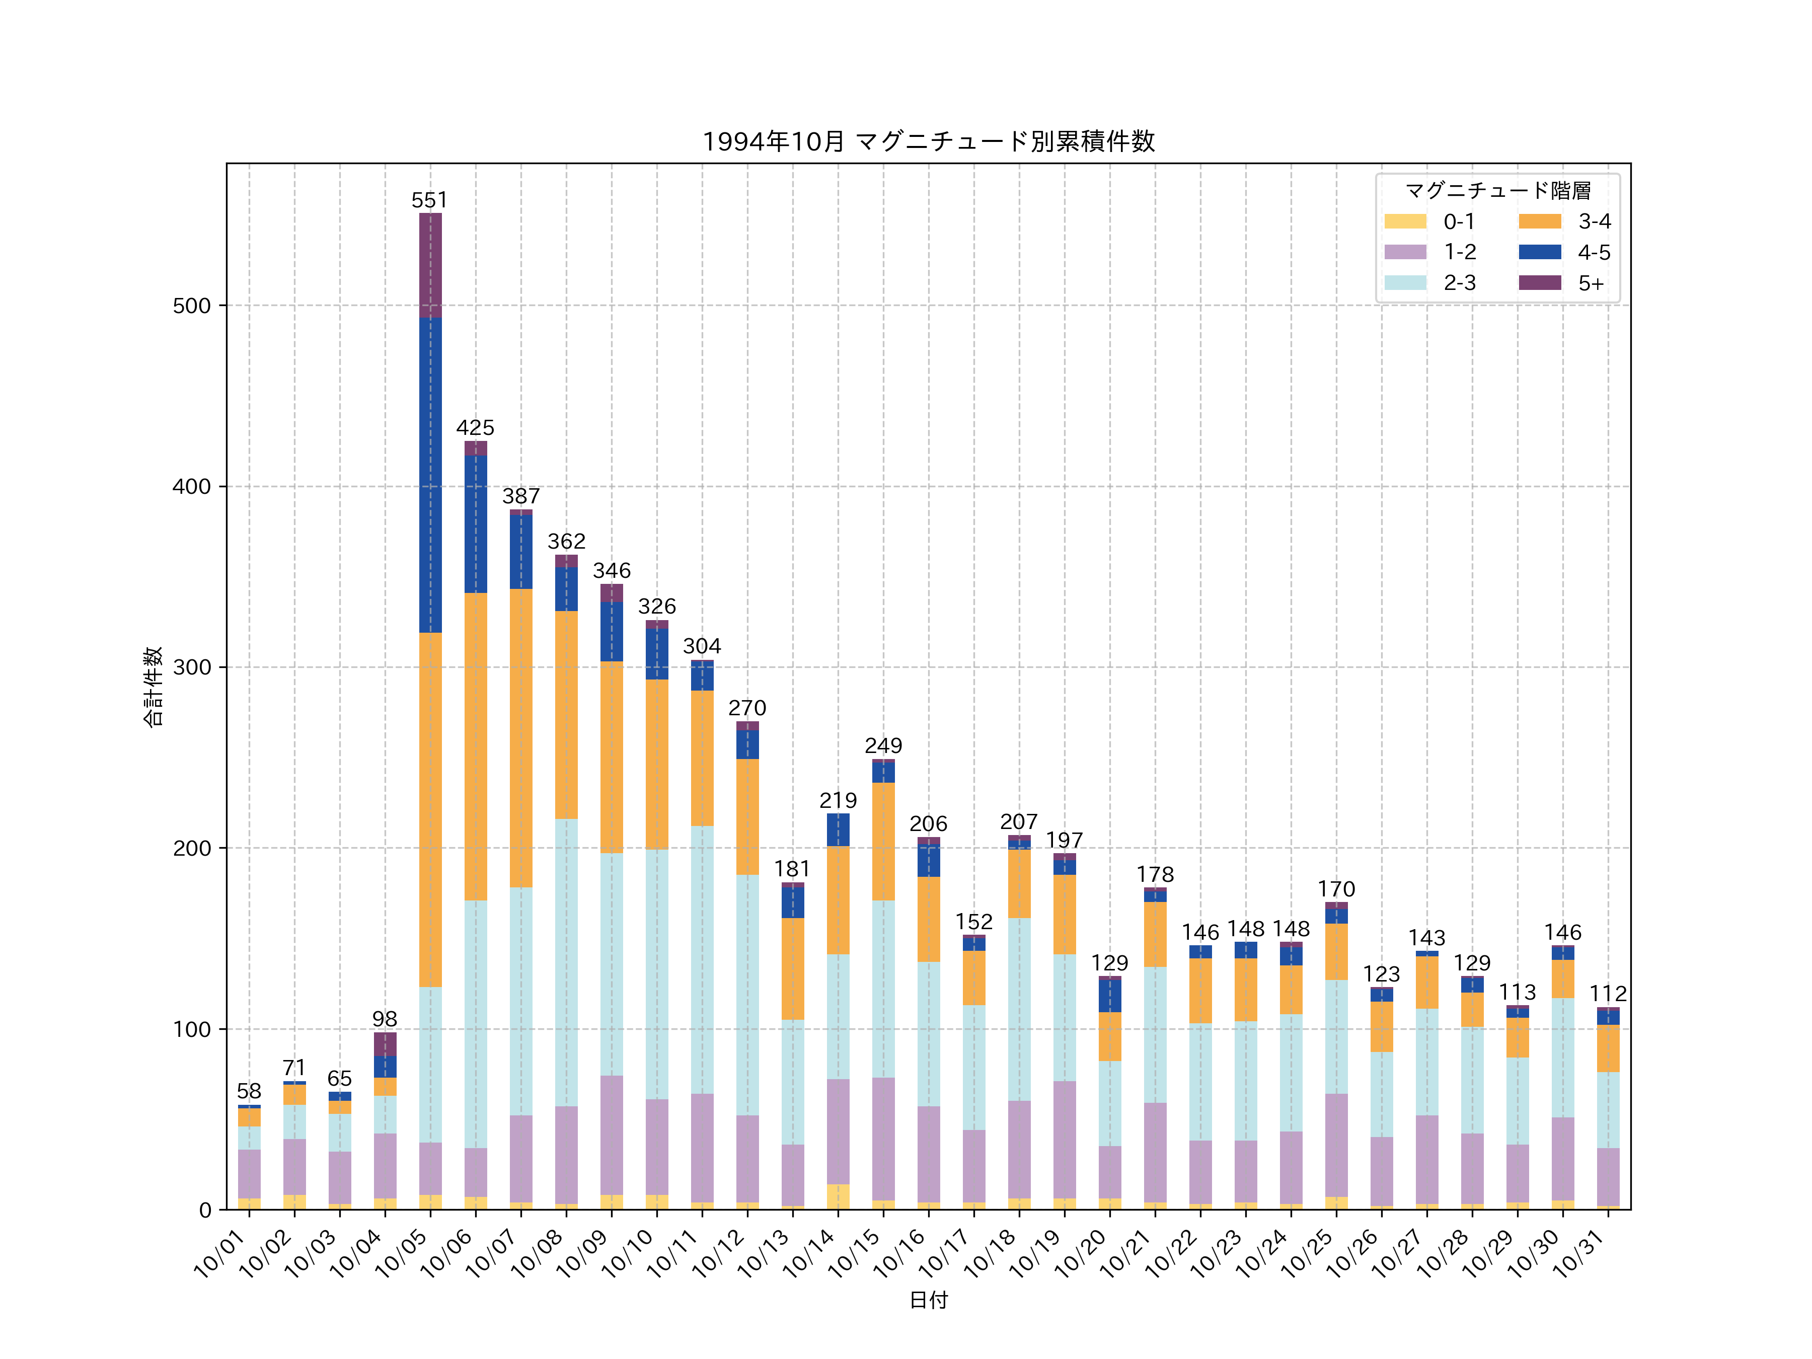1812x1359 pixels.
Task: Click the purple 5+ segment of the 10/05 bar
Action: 430,265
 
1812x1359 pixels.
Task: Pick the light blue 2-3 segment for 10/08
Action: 566,962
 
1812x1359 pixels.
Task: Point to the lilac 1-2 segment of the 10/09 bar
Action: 611,1135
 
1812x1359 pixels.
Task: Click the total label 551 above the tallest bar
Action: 429,201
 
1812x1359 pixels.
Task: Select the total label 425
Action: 475,428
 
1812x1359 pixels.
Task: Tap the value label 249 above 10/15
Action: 883,745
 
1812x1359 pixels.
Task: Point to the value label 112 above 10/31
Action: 1607,994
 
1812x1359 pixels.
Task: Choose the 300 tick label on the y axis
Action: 192,667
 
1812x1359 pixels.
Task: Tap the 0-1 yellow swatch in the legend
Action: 1405,221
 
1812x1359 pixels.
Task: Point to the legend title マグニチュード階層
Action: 1497,191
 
